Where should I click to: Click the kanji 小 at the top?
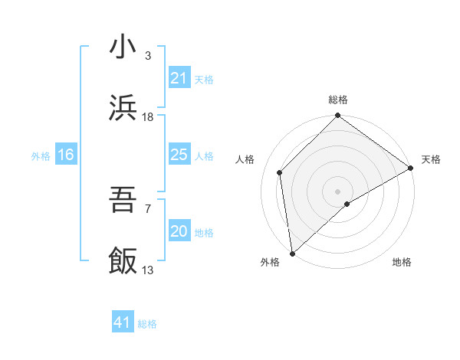tap(123, 47)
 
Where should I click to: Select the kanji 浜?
tap(123, 107)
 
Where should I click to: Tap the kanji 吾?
tap(123, 201)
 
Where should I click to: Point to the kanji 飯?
tap(123, 260)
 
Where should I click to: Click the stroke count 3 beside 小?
tap(148, 57)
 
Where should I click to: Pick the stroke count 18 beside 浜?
tap(148, 117)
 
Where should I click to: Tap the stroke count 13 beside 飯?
tap(148, 270)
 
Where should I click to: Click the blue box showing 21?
tap(179, 78)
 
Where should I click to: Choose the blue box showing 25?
tap(179, 155)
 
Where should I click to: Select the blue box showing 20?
tap(179, 231)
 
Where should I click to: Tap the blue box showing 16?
tap(66, 155)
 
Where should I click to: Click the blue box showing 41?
tap(123, 322)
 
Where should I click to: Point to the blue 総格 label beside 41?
tap(147, 324)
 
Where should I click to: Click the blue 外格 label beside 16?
tap(41, 156)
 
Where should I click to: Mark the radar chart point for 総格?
tap(337, 116)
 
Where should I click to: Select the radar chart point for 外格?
tap(292, 253)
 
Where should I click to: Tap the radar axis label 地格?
tap(402, 262)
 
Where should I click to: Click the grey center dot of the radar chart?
tap(337, 191)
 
